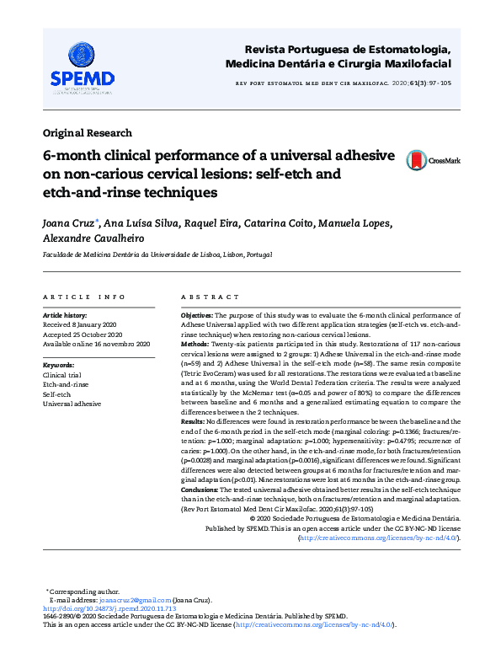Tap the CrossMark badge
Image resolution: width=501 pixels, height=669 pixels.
coord(433,160)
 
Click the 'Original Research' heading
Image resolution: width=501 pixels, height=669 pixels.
coord(88,132)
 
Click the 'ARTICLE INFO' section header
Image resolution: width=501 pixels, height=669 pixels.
coord(84,297)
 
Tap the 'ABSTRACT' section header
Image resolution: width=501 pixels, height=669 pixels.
coord(204,297)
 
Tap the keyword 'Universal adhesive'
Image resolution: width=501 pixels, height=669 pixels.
coord(72,404)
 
